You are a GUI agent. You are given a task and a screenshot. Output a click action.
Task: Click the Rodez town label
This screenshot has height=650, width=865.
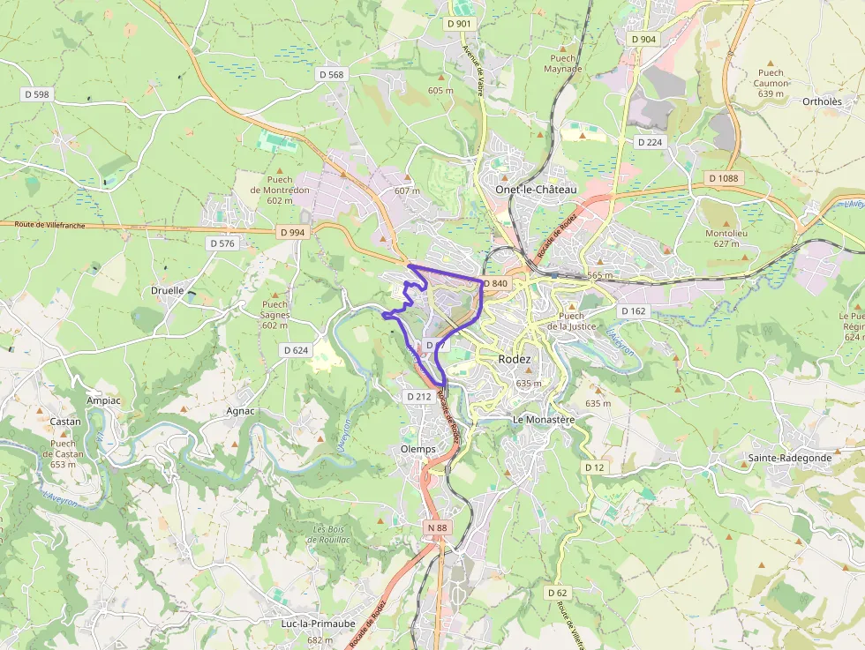tap(515, 360)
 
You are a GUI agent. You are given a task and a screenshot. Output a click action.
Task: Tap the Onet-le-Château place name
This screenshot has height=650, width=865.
tap(536, 190)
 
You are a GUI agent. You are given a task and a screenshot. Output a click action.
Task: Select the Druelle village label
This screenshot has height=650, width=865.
tap(168, 290)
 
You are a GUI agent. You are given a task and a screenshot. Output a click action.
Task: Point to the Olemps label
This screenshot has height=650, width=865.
tap(417, 449)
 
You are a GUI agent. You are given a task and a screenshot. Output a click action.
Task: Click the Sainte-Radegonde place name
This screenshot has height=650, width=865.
tap(790, 458)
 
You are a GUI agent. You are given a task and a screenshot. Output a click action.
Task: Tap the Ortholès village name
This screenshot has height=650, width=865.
tap(822, 101)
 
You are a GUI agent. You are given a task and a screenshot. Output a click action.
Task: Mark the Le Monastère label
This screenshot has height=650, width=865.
tap(544, 420)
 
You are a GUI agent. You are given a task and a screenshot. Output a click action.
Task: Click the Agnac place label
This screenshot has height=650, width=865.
tap(240, 411)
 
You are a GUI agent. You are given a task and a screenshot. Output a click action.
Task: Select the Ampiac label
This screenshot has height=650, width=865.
tap(103, 400)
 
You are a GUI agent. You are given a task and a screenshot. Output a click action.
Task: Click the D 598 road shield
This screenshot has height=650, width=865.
tap(37, 93)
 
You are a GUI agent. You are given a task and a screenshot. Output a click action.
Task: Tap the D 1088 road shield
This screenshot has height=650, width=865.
tap(723, 178)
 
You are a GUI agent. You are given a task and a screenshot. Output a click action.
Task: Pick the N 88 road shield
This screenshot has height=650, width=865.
tap(436, 527)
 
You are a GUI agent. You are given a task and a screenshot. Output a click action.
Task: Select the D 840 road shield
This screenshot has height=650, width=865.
tap(495, 283)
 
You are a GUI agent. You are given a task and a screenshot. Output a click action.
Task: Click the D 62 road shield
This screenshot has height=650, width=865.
tap(557, 593)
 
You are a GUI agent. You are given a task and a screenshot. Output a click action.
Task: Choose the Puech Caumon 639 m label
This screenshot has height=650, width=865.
tap(771, 84)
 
